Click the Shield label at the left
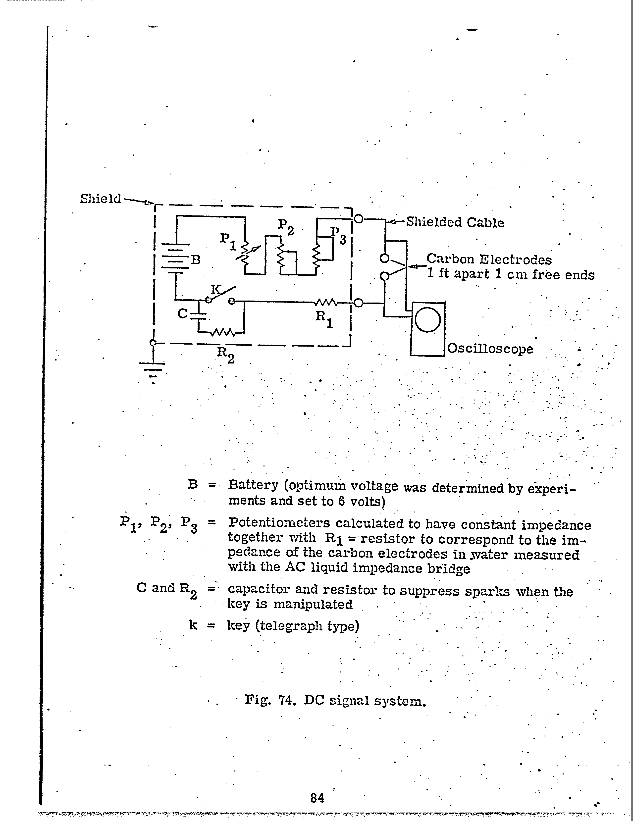pyautogui.click(x=100, y=199)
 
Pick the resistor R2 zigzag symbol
pyautogui.click(x=224, y=332)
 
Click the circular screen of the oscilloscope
pyautogui.click(x=428, y=319)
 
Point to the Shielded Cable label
pyautogui.click(x=455, y=223)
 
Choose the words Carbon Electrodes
pyautogui.click(x=489, y=259)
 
